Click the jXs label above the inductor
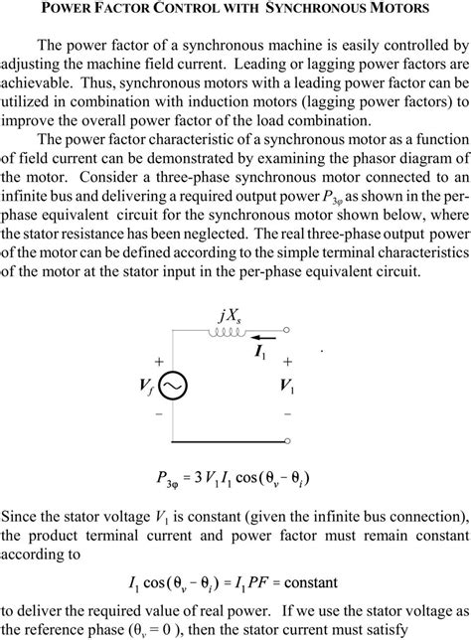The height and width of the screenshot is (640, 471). click(x=230, y=316)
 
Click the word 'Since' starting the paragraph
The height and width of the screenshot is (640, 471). click(x=21, y=518)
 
